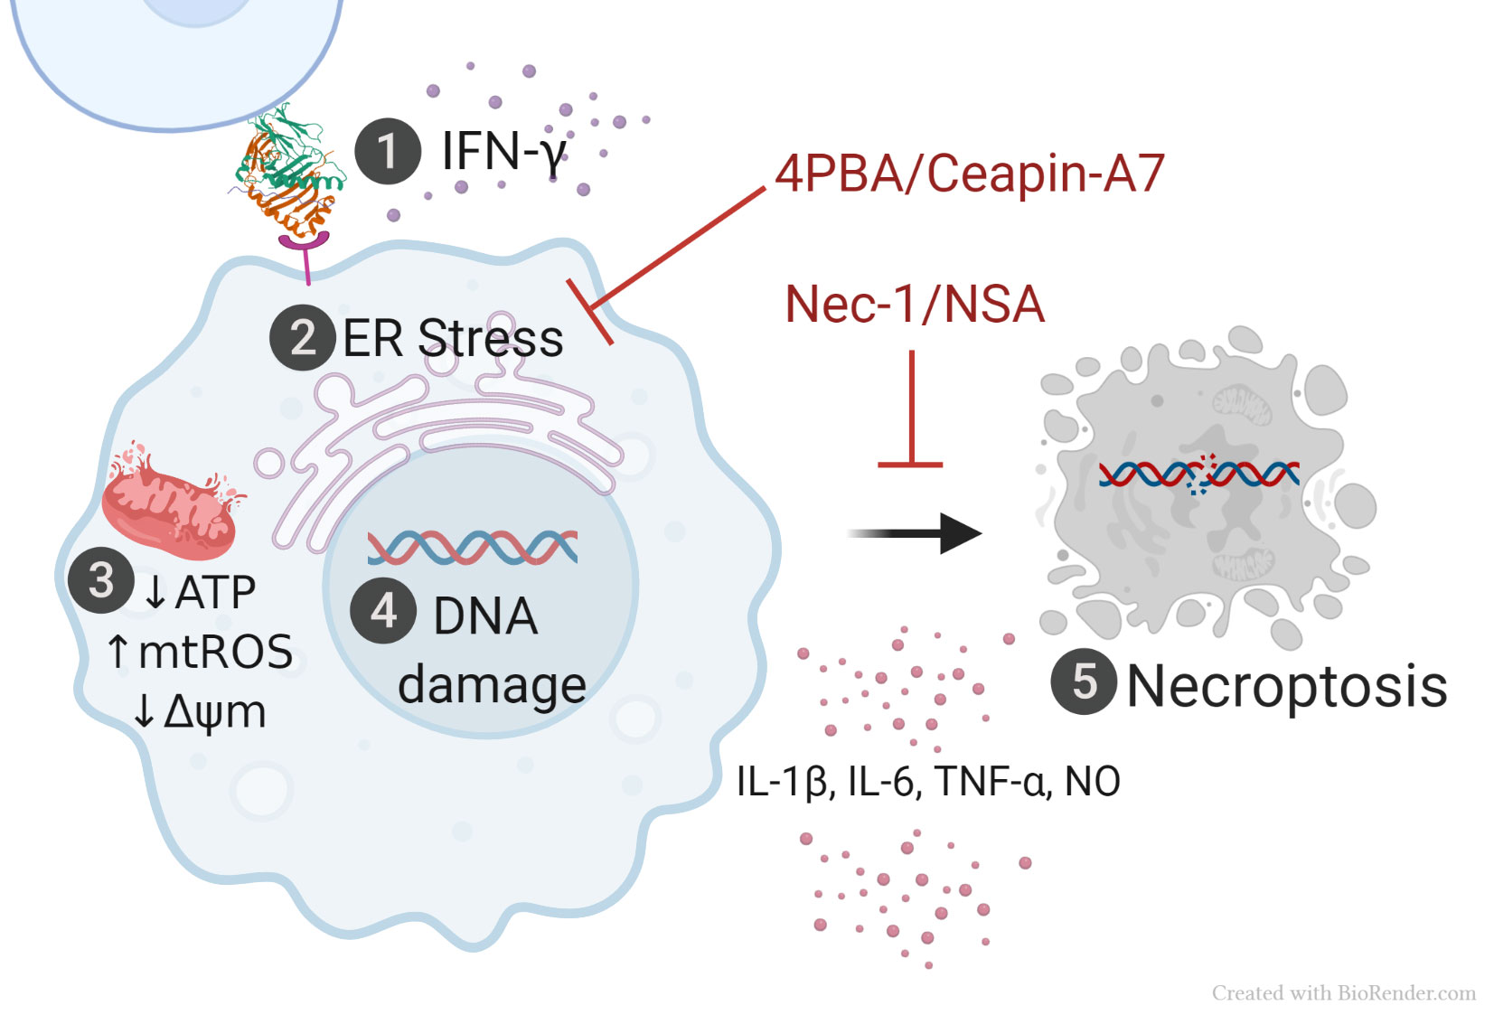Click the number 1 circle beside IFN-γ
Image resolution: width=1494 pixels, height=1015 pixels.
(x=387, y=151)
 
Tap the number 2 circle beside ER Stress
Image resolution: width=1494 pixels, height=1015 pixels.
(x=303, y=337)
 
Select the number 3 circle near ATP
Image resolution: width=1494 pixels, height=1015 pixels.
(x=101, y=579)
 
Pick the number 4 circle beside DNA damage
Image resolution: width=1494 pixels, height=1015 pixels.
(x=383, y=610)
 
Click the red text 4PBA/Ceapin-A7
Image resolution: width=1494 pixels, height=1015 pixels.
(x=969, y=173)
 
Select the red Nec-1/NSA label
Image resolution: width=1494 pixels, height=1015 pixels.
(x=915, y=305)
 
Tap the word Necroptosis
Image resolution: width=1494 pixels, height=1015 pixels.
(x=1286, y=686)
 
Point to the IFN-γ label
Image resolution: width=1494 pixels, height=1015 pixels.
(x=503, y=151)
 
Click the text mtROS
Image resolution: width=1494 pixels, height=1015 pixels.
(x=215, y=652)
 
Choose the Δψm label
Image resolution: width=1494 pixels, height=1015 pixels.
(x=215, y=712)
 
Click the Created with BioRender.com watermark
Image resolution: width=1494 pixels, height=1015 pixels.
(x=1343, y=993)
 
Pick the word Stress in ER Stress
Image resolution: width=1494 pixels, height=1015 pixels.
(x=490, y=339)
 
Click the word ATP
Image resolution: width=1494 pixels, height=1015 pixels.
(x=215, y=593)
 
